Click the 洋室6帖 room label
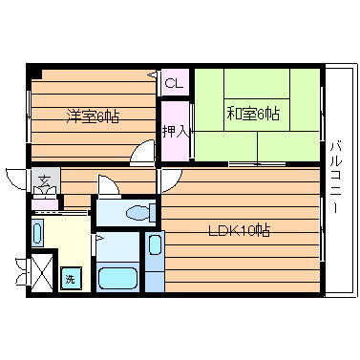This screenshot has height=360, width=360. tap(93, 116)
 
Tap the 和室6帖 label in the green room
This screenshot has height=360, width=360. tap(253, 114)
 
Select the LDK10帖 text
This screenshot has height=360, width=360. tap(240, 229)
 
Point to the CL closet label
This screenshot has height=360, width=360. tap(173, 84)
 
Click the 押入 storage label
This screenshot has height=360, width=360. tap(173, 132)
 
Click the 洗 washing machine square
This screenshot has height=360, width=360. tap(70, 280)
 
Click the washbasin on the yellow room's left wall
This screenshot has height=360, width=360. tap(38, 232)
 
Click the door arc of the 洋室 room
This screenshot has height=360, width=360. tap(144, 152)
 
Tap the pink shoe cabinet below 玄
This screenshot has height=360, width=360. tap(45, 201)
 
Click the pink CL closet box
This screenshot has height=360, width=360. tap(173, 83)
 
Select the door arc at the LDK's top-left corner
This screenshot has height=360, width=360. tap(168, 178)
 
